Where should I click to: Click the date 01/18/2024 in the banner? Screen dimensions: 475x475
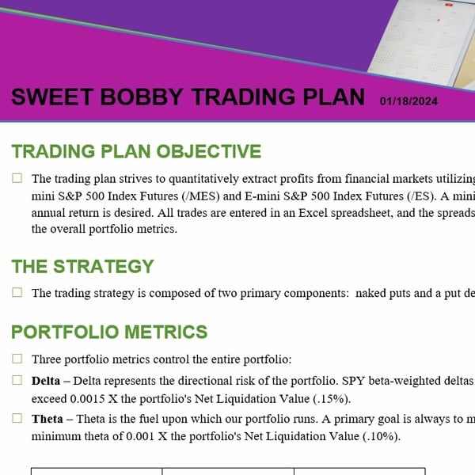[408, 101]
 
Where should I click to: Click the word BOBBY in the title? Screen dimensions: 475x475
[141, 97]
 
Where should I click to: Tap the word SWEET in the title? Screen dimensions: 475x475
[51, 97]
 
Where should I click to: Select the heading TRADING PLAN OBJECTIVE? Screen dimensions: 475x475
[136, 151]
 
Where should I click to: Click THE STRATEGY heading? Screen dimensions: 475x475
[82, 266]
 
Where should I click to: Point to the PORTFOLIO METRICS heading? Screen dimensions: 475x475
[109, 332]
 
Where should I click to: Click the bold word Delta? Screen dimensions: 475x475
[46, 381]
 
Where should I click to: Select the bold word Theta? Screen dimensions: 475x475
[47, 419]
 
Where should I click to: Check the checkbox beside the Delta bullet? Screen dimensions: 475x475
[17, 380]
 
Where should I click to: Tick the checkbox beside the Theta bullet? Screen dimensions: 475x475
[17, 418]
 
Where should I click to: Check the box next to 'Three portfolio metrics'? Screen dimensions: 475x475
[17, 359]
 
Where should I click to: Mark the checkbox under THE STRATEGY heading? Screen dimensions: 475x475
[17, 292]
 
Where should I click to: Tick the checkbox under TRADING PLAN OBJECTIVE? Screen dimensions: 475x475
[17, 178]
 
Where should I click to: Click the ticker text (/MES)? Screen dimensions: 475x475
[200, 196]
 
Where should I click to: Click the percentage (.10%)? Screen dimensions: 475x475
[382, 436]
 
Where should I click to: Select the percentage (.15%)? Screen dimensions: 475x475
[332, 399]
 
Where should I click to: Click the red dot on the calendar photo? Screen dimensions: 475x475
[439, 21]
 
